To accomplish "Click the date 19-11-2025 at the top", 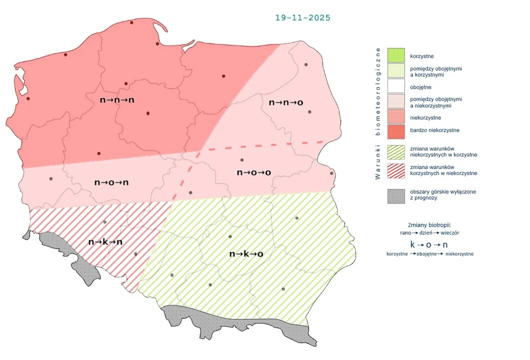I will click(x=303, y=18).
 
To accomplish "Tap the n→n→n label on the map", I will click(x=117, y=99).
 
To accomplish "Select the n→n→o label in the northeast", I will click(x=286, y=103).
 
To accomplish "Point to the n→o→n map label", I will click(x=111, y=182).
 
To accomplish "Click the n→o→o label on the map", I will click(x=254, y=172).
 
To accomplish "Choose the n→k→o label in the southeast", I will click(x=246, y=254).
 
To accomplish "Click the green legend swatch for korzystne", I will click(x=396, y=55).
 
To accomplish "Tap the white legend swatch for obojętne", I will click(x=396, y=87).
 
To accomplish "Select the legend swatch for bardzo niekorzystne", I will click(x=396, y=130).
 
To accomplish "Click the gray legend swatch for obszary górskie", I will click(x=396, y=195).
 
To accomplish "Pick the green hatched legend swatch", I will click(x=396, y=152).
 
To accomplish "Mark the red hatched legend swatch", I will click(x=396, y=170).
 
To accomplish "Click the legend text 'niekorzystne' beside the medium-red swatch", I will click(x=425, y=118).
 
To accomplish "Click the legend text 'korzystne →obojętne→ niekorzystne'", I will click(x=430, y=254).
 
